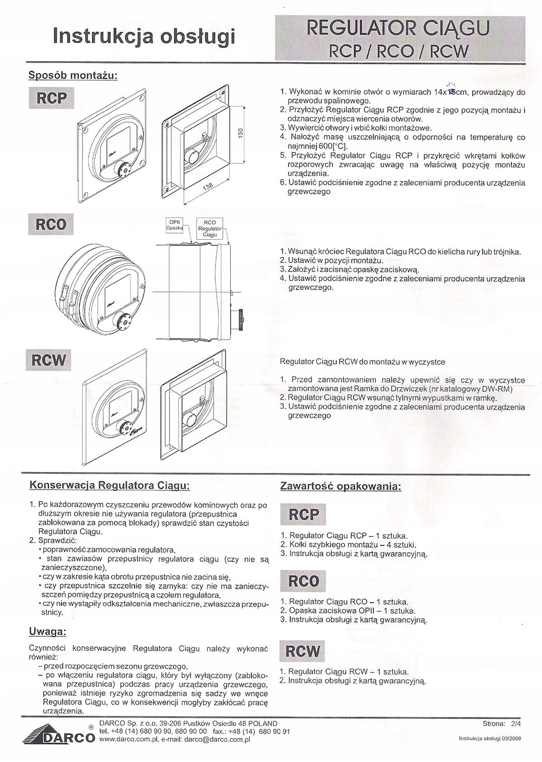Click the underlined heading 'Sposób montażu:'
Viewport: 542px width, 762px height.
tap(72, 75)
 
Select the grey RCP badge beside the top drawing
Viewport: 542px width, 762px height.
tap(51, 98)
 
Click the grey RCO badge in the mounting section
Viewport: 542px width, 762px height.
tap(51, 224)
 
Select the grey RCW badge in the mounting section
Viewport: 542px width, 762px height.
tap(49, 360)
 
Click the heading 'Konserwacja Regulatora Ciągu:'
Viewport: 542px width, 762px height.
tap(109, 485)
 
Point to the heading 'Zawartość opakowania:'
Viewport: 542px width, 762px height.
tap(340, 486)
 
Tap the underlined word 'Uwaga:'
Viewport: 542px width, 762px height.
tap(47, 632)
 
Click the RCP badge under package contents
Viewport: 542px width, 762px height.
tap(303, 514)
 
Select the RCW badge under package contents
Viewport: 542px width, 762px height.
tap(302, 651)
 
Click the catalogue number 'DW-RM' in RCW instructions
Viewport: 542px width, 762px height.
tap(500, 389)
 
